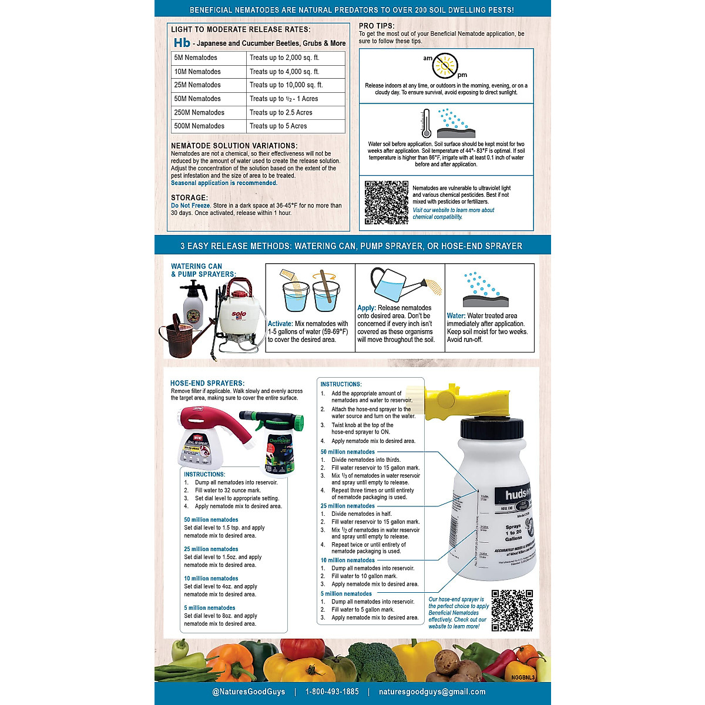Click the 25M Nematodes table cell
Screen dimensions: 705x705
click(209, 85)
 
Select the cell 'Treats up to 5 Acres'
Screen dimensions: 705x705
click(296, 126)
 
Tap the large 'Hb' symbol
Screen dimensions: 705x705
click(182, 43)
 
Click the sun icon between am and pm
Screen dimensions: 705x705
click(445, 66)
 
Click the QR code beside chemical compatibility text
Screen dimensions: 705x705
click(386, 202)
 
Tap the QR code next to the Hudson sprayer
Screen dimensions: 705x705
click(512, 610)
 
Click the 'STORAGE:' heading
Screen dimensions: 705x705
click(189, 198)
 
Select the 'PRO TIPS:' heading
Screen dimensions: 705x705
click(377, 26)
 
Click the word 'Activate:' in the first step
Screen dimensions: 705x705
click(280, 324)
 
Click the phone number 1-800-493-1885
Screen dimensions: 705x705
click(332, 691)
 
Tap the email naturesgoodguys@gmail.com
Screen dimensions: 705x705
click(432, 691)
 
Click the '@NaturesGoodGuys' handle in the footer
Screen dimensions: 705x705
click(249, 691)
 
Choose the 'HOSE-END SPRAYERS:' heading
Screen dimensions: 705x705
click(207, 383)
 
